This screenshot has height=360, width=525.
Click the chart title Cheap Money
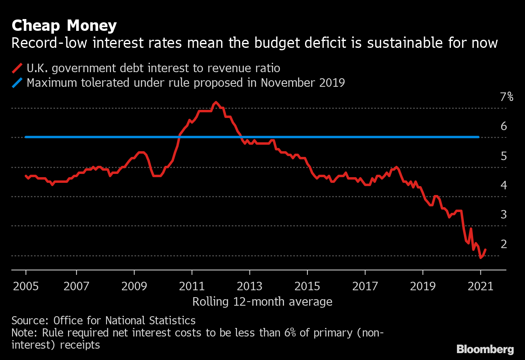click(64, 26)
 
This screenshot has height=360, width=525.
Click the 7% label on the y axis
click(506, 97)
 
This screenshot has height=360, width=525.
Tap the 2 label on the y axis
click(504, 244)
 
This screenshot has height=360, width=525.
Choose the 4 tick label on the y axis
click(504, 185)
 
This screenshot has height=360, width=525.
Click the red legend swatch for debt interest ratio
click(17, 68)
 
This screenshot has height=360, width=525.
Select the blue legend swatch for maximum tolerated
click(17, 83)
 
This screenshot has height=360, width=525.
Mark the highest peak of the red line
click(216, 102)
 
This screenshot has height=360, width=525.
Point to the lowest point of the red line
click(480, 257)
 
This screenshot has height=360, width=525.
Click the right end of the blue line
click(479, 137)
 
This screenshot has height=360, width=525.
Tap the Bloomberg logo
click(485, 349)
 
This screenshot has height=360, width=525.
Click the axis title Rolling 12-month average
click(262, 302)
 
